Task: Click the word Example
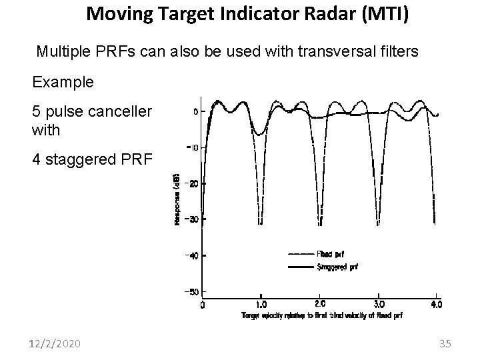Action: [x=65, y=83]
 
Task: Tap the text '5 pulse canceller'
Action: [x=93, y=111]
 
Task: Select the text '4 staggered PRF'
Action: [x=91, y=160]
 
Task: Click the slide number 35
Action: [x=445, y=344]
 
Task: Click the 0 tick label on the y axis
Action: [x=195, y=111]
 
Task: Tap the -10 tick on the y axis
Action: [x=191, y=147]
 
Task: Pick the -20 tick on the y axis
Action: [x=191, y=183]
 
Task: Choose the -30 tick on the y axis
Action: [x=191, y=219]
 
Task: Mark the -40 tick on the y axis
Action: [x=191, y=256]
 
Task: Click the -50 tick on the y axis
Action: [x=191, y=292]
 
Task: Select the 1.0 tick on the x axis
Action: [x=262, y=304]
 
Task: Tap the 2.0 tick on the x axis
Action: [x=320, y=304]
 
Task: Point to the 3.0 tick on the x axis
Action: [x=378, y=304]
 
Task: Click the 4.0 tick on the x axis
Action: [x=435, y=304]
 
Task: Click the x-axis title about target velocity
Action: [x=322, y=315]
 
